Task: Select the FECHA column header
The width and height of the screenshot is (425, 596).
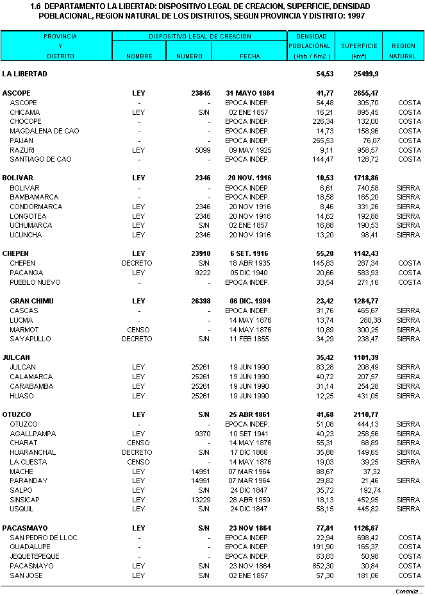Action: click(250, 56)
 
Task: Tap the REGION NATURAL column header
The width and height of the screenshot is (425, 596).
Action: click(403, 51)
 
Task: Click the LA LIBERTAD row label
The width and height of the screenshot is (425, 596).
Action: click(24, 74)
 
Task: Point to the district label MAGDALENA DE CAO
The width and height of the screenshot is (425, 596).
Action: click(44, 131)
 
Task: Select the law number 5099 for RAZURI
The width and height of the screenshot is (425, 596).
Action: click(203, 150)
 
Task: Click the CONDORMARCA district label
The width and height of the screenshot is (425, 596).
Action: click(36, 207)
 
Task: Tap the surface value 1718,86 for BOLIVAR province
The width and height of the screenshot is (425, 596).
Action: click(365, 178)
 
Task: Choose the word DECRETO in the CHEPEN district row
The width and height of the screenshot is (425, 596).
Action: click(137, 263)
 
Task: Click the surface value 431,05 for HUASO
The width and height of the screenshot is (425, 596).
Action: click(367, 396)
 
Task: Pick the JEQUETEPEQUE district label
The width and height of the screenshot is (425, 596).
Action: click(35, 556)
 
